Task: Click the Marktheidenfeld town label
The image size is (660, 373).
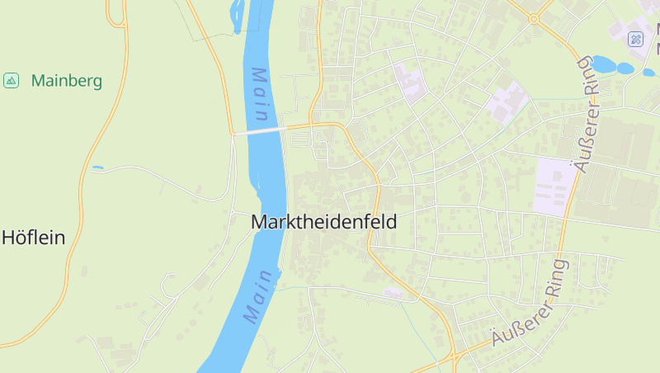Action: [323, 222]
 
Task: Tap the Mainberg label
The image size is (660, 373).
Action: [67, 81]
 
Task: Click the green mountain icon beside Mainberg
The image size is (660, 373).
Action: [12, 80]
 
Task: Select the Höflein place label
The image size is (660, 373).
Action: [33, 238]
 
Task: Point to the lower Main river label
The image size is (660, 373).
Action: [258, 295]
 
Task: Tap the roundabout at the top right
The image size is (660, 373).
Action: [534, 17]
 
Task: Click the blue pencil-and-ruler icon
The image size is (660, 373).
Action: [635, 39]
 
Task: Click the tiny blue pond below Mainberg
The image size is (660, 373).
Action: [97, 168]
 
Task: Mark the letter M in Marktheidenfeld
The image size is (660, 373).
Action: [258, 222]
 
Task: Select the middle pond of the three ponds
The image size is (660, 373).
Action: [625, 68]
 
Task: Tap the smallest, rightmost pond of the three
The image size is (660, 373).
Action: [648, 73]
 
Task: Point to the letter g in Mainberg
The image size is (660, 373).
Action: [97, 83]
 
